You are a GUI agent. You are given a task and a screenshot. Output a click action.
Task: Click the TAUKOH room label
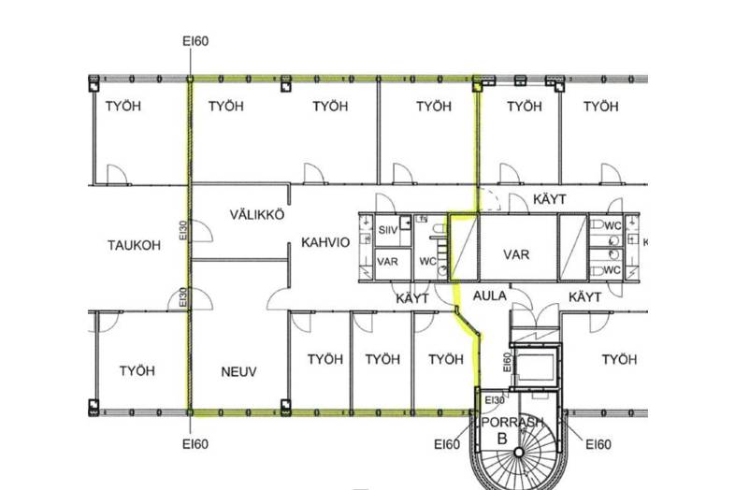[134, 245]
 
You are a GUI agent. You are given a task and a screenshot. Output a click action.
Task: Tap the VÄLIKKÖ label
[257, 214]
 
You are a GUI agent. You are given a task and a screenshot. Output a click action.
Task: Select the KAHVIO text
[325, 242]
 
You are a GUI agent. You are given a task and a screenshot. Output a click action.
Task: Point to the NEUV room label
[238, 372]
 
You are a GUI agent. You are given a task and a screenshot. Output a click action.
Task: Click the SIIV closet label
[388, 230]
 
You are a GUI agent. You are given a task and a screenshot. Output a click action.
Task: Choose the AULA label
[489, 295]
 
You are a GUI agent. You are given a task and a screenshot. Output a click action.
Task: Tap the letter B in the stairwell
[502, 439]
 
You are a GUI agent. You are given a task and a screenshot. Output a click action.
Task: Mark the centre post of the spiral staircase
[519, 453]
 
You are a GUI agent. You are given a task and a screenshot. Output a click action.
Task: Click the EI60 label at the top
[195, 41]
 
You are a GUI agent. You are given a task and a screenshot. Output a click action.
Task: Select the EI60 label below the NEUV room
[195, 443]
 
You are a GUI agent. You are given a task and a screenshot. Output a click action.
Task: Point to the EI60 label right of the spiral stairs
[598, 444]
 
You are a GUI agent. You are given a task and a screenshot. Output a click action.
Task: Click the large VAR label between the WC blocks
[516, 254]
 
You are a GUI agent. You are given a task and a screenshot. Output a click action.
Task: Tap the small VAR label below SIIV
[388, 262]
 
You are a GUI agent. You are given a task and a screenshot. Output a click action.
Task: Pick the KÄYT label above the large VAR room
[549, 199]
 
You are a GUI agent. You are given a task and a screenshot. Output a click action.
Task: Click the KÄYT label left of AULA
[412, 298]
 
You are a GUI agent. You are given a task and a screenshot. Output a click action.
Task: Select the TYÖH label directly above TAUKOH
[122, 106]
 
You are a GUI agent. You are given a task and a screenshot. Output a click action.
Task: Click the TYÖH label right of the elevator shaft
[619, 360]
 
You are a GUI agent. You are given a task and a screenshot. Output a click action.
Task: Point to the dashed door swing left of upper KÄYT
[489, 199]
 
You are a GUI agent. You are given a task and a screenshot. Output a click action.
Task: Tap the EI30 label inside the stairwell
[495, 400]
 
